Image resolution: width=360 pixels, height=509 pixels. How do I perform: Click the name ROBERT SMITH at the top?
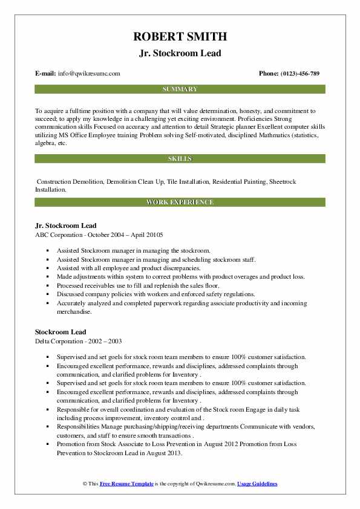[180, 37]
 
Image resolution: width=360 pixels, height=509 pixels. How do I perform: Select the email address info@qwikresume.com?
[89, 74]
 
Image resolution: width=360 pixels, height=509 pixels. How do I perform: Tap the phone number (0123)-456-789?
[300, 74]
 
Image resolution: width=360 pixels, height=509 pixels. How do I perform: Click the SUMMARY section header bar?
[180, 89]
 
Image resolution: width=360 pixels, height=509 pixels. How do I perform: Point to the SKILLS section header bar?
[180, 158]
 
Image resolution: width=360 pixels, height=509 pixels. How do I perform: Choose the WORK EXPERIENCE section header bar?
[180, 203]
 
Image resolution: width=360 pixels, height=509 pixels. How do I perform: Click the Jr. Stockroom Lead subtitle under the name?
[180, 53]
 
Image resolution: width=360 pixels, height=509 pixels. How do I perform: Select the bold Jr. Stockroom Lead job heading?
[66, 225]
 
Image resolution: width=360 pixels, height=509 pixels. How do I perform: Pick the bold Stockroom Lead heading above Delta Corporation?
[61, 332]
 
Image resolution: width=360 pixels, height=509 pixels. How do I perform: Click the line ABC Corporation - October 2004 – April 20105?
[99, 235]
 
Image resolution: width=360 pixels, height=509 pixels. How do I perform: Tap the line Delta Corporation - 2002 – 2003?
[78, 341]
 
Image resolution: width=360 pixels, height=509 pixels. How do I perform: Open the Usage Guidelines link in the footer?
[257, 484]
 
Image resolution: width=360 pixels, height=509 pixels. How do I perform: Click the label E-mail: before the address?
[45, 74]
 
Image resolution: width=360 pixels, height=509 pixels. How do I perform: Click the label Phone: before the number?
[269, 74]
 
